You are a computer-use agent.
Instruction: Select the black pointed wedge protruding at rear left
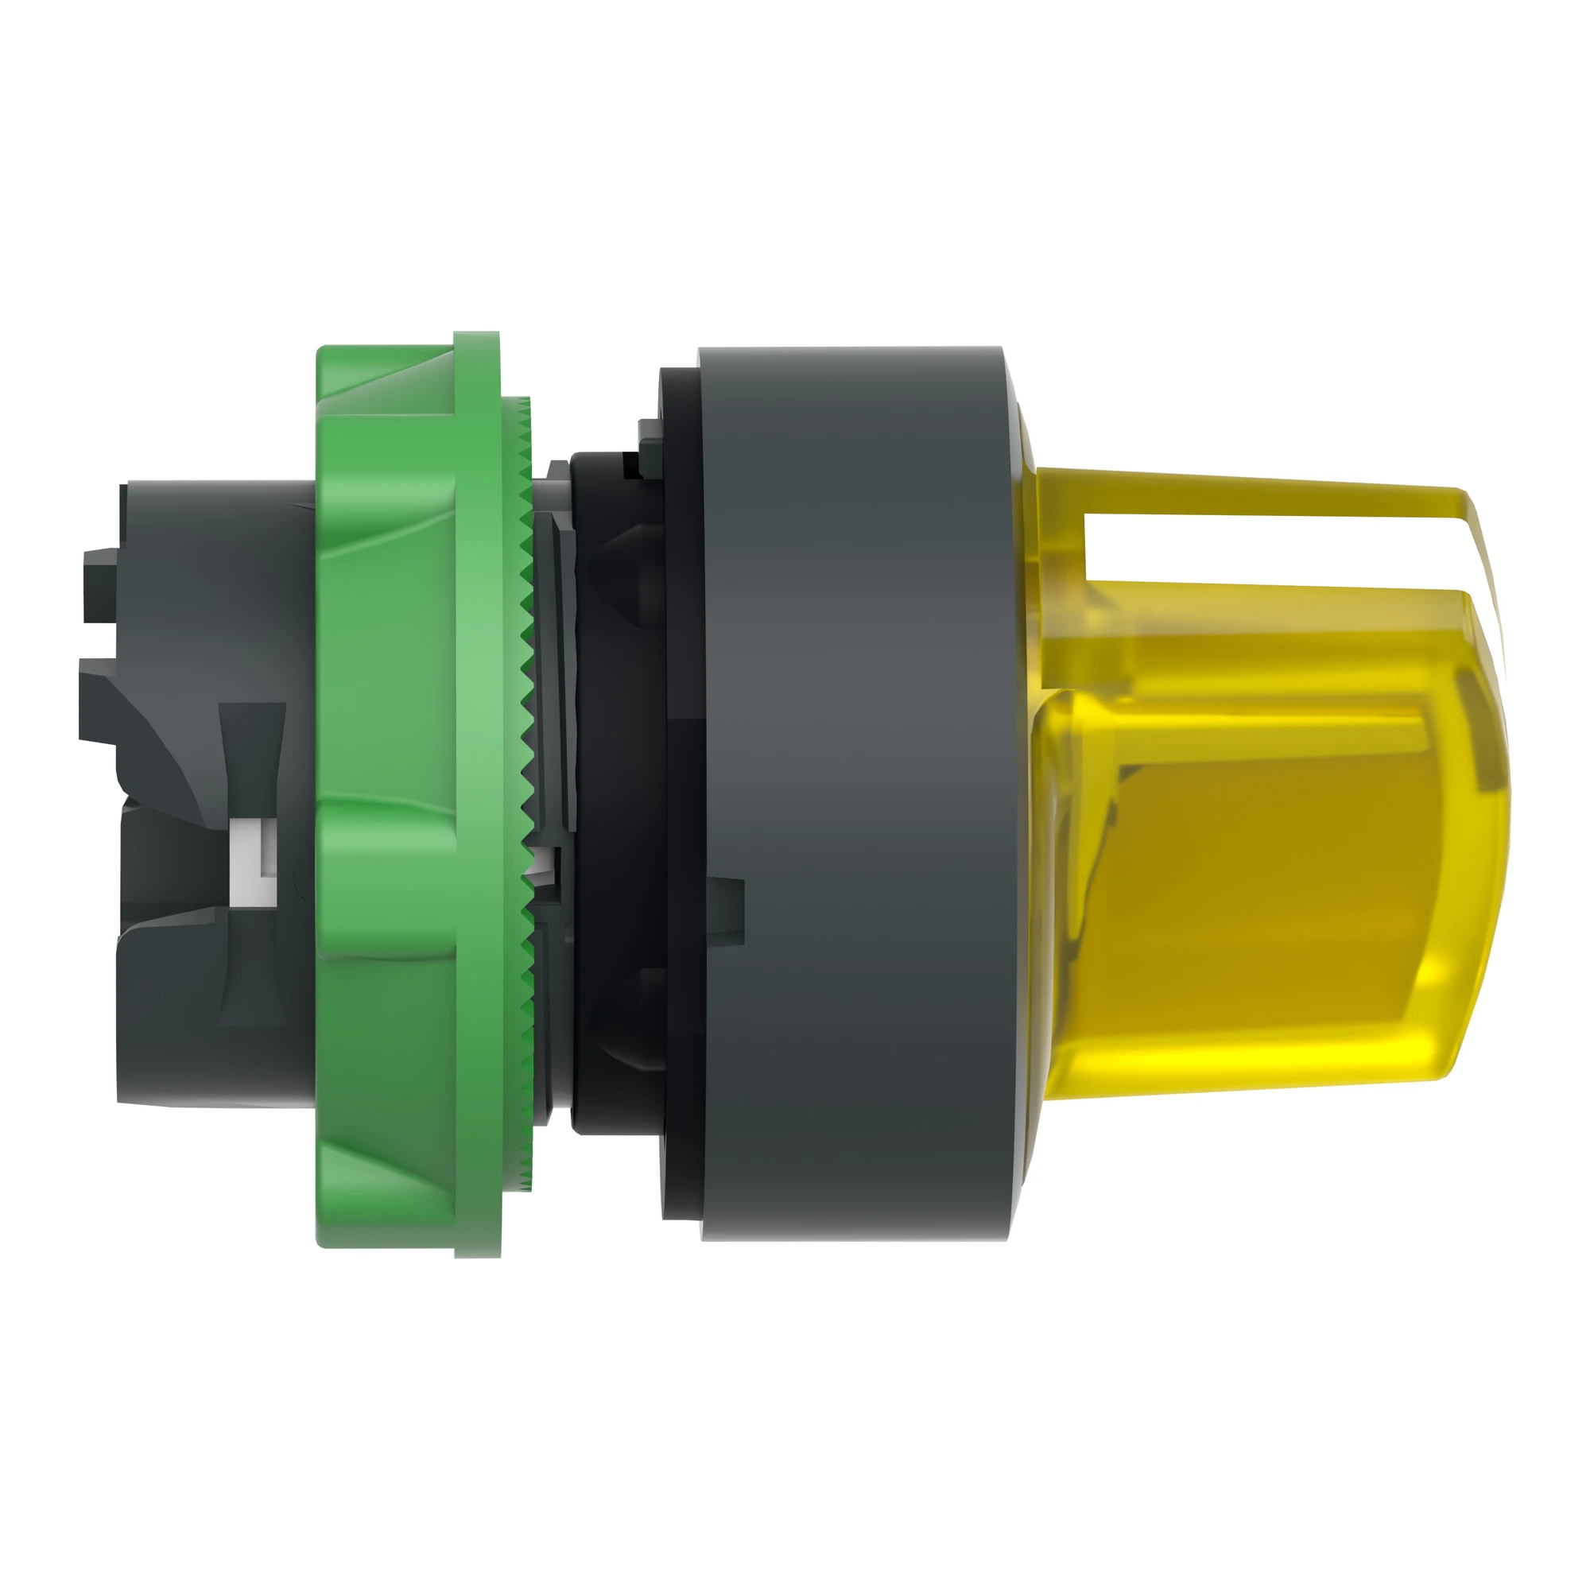tap(99, 708)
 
